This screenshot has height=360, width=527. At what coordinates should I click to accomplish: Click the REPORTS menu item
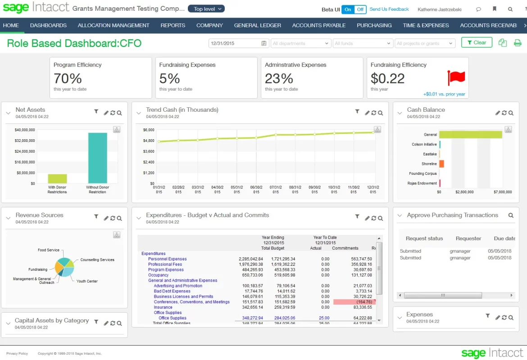point(173,25)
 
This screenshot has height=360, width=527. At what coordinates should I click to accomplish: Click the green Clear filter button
point(477,43)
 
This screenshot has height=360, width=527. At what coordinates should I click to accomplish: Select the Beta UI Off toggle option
point(360,9)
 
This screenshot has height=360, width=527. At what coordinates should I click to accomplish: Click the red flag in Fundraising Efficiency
point(456,78)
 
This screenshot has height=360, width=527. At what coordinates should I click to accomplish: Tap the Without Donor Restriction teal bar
point(97,158)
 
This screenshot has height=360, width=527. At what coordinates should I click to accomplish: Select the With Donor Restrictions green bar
point(57,178)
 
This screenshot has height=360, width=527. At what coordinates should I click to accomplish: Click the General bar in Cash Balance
point(470,134)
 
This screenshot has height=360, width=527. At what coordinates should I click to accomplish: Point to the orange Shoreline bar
point(441,164)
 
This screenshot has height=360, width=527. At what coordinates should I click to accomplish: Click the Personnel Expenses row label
point(167,259)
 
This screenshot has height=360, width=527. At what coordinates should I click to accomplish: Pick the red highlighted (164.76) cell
point(354,302)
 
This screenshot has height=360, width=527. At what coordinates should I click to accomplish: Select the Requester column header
point(468,238)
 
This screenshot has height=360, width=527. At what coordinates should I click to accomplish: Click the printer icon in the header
point(518,43)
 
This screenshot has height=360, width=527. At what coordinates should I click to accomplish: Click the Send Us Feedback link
point(389,9)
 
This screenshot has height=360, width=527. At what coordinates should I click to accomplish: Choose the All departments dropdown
point(300,43)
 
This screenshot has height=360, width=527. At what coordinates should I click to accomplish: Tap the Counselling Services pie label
point(97,260)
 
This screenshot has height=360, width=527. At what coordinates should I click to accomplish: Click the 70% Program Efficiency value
point(68,78)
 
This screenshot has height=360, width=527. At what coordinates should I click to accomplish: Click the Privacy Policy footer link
point(17,354)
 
